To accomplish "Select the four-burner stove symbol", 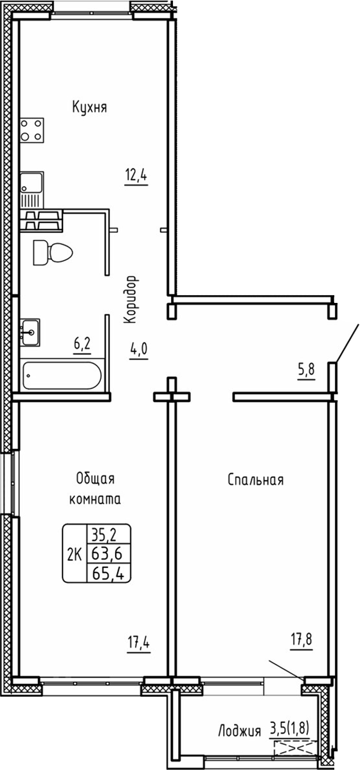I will pos(32,130).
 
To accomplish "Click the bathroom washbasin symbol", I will pos(30,333).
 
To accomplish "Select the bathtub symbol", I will pos(61,376).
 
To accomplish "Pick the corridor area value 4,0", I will pos(139,351).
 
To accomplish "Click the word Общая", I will pos(95,479).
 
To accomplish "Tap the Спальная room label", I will pos(255,480).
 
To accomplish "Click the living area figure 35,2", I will pos(107,533).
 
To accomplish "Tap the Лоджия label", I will pos(239,731).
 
